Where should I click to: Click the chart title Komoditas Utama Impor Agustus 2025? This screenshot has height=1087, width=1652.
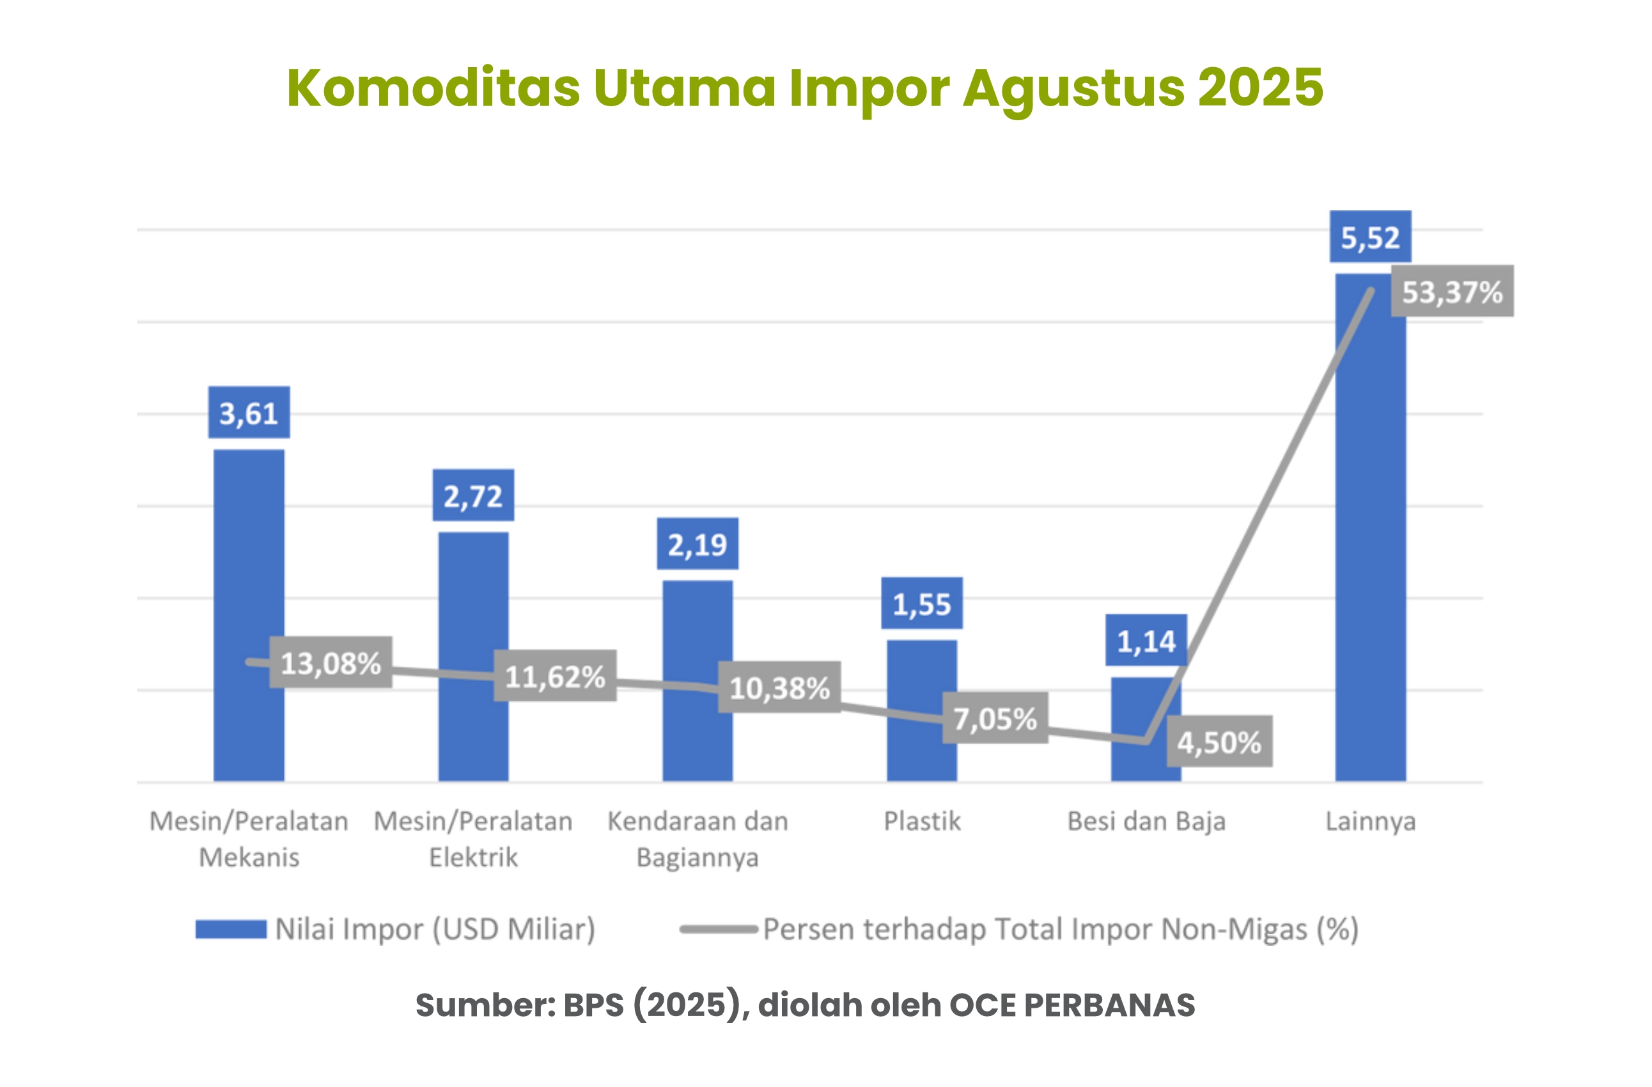pos(804,88)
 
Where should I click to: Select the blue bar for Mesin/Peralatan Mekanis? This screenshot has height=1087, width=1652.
pos(249,555)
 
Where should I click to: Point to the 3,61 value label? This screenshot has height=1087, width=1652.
pos(249,413)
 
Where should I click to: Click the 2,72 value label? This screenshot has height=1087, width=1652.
pos(472,496)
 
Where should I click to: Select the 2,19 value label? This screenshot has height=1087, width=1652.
pos(697,544)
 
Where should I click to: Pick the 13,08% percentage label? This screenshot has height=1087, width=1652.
pos(331,663)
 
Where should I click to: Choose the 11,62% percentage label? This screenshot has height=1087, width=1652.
pos(554,676)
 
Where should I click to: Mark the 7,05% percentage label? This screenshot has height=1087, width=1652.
pos(994,719)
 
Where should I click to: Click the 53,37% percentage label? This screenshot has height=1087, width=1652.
pos(1452,292)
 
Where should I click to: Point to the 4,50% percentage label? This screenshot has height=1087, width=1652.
pos(1219,742)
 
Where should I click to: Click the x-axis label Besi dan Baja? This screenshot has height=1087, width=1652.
pos(1146,821)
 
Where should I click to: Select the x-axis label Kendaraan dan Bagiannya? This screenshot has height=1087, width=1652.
pos(697,839)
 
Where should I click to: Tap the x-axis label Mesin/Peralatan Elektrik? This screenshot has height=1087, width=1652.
pos(472,839)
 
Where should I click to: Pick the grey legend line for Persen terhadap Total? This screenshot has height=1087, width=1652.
pos(718,930)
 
